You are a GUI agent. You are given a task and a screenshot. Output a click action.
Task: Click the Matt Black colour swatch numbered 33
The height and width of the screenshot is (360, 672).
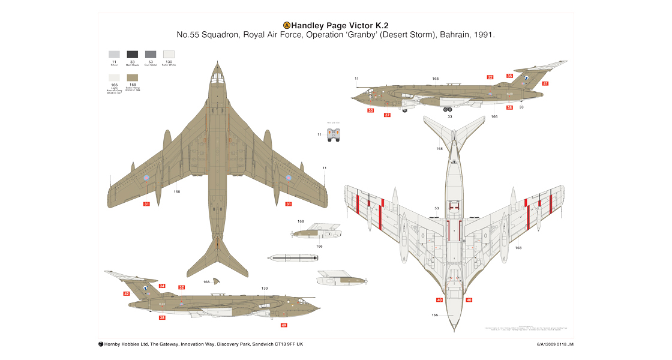(x=133, y=54)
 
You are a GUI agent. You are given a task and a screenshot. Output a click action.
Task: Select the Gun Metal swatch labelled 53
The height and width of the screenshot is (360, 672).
(x=151, y=54)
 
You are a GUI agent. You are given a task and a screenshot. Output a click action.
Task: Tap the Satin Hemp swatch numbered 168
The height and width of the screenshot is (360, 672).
(x=133, y=78)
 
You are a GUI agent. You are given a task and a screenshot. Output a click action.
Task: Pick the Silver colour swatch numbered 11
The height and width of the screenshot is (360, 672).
(x=114, y=54)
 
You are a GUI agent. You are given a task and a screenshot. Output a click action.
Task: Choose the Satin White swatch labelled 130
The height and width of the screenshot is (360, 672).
(x=169, y=54)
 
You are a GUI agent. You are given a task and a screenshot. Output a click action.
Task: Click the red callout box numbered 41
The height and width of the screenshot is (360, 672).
(x=545, y=83)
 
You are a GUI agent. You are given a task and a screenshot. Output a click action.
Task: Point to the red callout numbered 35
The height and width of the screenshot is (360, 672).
(x=509, y=76)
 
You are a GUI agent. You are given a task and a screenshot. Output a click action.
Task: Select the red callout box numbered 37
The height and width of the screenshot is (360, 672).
(x=387, y=115)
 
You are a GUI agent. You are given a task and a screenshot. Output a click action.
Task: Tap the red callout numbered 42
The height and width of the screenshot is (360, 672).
(x=127, y=293)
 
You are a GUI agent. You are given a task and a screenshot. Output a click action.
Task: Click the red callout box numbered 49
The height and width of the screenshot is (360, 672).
(x=284, y=325)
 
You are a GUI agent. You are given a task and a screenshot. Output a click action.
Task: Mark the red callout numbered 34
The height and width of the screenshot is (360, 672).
(x=162, y=286)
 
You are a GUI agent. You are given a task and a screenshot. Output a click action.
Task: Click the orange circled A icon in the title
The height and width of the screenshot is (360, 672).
(x=287, y=25)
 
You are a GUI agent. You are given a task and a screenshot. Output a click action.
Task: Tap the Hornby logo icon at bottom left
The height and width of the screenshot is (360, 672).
(x=101, y=344)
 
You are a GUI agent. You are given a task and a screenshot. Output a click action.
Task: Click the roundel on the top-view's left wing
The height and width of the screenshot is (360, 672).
(x=146, y=178)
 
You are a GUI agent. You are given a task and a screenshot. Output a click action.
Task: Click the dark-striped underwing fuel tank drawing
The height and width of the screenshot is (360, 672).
(x=292, y=258)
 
